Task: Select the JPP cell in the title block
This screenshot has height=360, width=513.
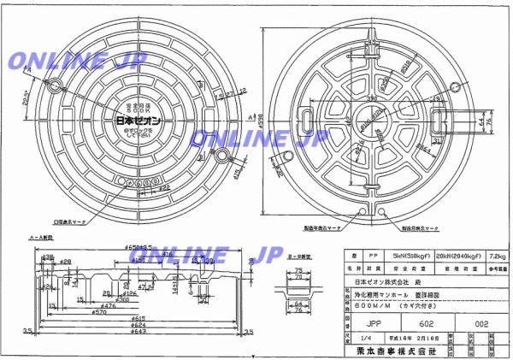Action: click(x=374, y=323)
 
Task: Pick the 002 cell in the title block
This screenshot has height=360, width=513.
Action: click(x=479, y=323)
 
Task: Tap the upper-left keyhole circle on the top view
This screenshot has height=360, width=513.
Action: click(x=56, y=86)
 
